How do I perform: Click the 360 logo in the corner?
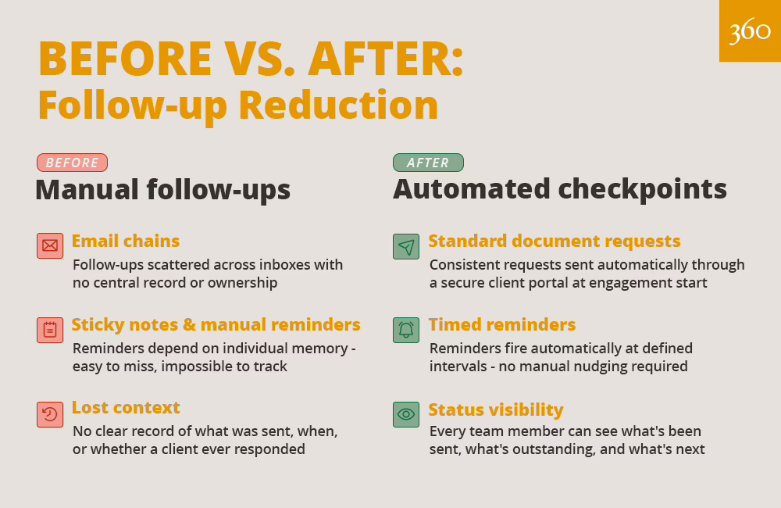coord(750,31)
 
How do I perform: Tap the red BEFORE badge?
coord(72,163)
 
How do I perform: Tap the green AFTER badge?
coord(427,163)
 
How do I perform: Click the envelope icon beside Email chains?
coord(50,245)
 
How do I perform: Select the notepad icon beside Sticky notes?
coord(50,329)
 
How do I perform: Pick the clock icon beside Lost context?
coord(50,413)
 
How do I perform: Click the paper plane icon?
coord(405,245)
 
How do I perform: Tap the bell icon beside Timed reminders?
coord(405,329)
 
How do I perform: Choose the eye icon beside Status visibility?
coord(405,413)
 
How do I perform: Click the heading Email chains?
coord(126,241)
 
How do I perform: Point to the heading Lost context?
coord(126,407)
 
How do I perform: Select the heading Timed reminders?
coord(502,324)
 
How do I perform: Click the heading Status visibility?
coord(496,410)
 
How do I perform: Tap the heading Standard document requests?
coord(555,241)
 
